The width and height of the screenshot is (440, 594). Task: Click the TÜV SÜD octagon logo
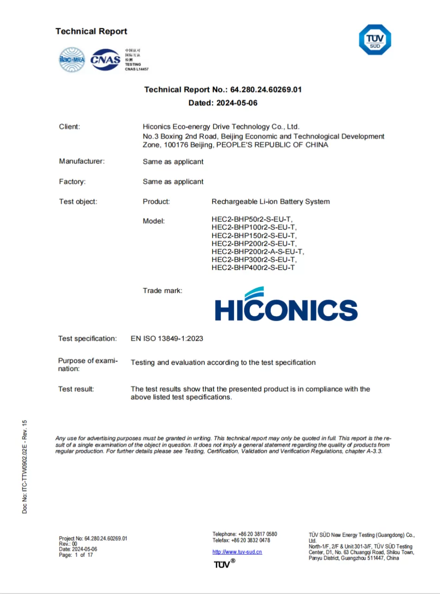[375, 39]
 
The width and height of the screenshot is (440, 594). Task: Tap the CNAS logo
[105, 59]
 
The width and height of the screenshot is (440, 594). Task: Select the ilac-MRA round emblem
[72, 59]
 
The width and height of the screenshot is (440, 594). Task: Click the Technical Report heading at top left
[91, 32]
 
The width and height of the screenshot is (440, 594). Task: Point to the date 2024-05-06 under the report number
[237, 103]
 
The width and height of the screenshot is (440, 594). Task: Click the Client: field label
[70, 127]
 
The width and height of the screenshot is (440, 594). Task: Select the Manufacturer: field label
[82, 161]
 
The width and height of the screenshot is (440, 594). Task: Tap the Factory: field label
[72, 181]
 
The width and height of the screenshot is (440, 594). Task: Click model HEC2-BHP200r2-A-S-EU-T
[258, 252]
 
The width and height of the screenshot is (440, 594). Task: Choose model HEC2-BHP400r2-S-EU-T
[253, 268]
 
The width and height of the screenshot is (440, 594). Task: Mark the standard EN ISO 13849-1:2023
[167, 339]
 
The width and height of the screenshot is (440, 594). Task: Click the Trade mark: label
[162, 291]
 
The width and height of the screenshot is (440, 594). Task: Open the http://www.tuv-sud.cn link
[237, 552]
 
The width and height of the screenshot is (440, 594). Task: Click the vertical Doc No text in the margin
[25, 467]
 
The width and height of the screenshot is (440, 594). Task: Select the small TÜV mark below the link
[224, 564]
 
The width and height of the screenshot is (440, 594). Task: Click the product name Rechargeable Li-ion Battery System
[271, 201]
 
